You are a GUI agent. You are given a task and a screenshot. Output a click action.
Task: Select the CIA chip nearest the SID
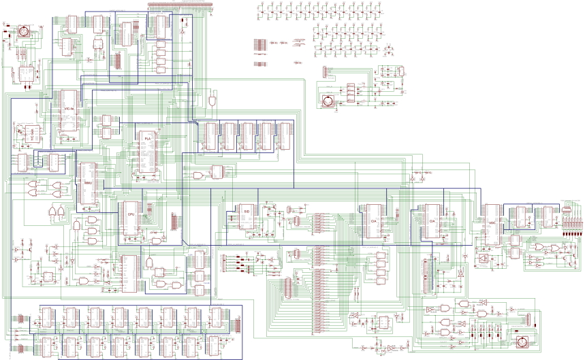coord(373,222)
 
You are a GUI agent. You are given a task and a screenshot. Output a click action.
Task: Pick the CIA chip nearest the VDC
coord(431,221)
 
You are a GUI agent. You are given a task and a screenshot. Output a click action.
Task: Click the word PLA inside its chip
coord(147,138)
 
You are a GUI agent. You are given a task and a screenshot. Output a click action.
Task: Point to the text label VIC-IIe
coord(69,109)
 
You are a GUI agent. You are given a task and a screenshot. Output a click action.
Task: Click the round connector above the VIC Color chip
coord(22,31)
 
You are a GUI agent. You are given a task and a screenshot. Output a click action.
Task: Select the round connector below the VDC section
coord(522,341)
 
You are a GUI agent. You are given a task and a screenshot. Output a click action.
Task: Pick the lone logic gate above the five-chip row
coord(214,100)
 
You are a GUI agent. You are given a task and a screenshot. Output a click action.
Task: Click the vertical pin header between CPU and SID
coord(173,221)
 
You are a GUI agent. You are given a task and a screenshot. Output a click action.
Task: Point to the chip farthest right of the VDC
coord(547,216)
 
